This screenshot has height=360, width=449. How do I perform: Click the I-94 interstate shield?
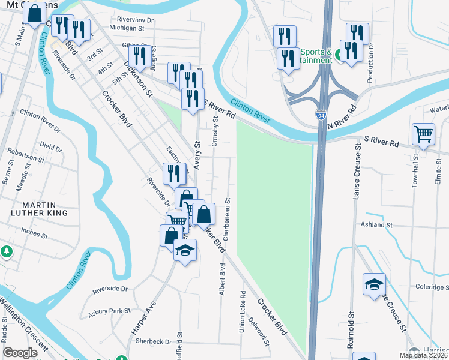[x=323, y=112]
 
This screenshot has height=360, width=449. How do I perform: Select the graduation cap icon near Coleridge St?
[x=374, y=284]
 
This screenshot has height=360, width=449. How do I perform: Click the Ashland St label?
[x=376, y=224]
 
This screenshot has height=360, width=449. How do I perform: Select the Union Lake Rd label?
[x=243, y=312]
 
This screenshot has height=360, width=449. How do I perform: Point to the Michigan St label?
[x=128, y=28]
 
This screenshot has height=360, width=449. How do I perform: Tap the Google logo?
[x=20, y=353]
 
